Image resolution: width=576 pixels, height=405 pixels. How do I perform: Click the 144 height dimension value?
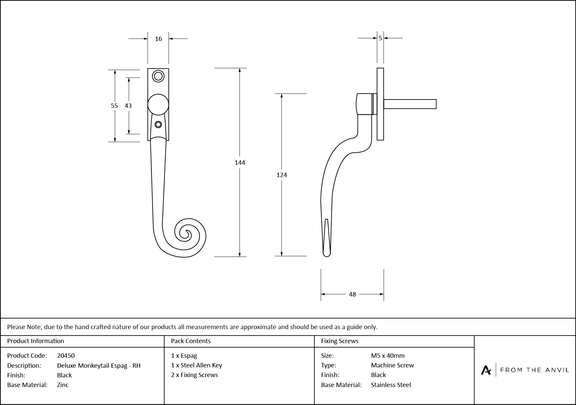[x=240, y=162]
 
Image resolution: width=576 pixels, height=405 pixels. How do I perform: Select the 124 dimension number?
[x=282, y=175]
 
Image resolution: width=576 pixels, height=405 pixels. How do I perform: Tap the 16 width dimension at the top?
[x=158, y=39]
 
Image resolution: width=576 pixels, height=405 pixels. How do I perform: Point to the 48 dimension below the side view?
[x=352, y=294]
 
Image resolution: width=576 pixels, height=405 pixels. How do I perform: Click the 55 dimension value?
[x=114, y=105]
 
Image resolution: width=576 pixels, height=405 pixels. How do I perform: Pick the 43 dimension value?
[x=128, y=105]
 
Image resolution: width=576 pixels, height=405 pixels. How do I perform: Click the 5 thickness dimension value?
[x=380, y=38]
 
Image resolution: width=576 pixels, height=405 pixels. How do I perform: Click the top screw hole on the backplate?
[x=158, y=76]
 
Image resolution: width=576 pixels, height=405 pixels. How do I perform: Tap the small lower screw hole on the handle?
[x=158, y=124]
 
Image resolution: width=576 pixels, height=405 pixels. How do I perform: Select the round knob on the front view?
[x=158, y=104]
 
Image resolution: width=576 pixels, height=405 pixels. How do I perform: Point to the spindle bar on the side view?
[x=410, y=104]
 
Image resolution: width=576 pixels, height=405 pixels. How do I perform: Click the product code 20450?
[x=66, y=355]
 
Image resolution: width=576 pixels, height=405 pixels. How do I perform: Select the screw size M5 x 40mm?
[x=388, y=355]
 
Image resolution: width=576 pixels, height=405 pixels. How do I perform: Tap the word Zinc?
[x=63, y=385]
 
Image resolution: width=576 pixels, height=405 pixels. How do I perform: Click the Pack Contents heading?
[x=191, y=341]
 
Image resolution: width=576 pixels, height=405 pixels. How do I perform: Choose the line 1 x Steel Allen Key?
[x=196, y=365]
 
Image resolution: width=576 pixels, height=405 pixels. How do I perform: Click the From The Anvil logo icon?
[x=486, y=370]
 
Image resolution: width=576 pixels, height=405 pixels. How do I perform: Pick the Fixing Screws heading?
[x=340, y=341]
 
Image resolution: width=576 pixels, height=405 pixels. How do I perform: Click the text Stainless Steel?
[x=391, y=385]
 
